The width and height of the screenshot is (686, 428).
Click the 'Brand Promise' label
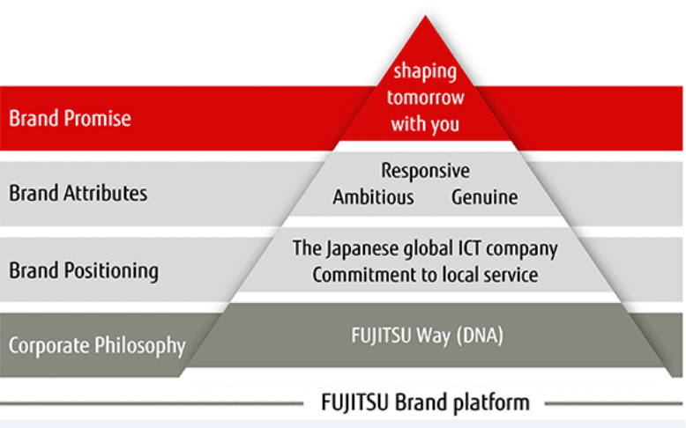click(70, 118)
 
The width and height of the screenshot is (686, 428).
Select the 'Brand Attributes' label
click(78, 193)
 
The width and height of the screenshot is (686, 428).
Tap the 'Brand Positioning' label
click(84, 269)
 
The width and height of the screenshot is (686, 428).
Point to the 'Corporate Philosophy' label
click(97, 344)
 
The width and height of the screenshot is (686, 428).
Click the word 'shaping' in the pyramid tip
click(425, 70)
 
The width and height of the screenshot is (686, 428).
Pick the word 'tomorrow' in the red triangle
click(425, 97)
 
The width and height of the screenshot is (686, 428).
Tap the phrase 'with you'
click(425, 123)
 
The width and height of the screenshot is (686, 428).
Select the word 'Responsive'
click(425, 170)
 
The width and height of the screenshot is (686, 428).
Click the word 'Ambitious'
click(373, 197)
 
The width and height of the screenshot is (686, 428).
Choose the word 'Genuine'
click(484, 197)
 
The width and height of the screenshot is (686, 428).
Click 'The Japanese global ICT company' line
click(425, 248)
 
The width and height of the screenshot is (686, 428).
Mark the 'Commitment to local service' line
click(425, 275)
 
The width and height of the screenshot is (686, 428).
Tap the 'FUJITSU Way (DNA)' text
click(425, 336)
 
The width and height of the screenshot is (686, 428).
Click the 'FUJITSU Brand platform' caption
click(424, 403)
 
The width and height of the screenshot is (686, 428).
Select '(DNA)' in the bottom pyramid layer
click(476, 336)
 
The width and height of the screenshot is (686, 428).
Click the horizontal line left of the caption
click(150, 405)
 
